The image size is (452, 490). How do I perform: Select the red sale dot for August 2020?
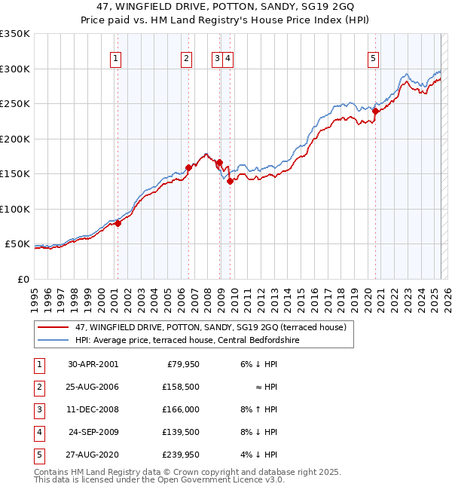coord(375,111)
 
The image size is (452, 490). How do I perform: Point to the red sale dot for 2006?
coord(189,168)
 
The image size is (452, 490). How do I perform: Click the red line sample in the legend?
coord(53,327)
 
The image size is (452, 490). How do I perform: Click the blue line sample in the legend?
coord(53,340)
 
